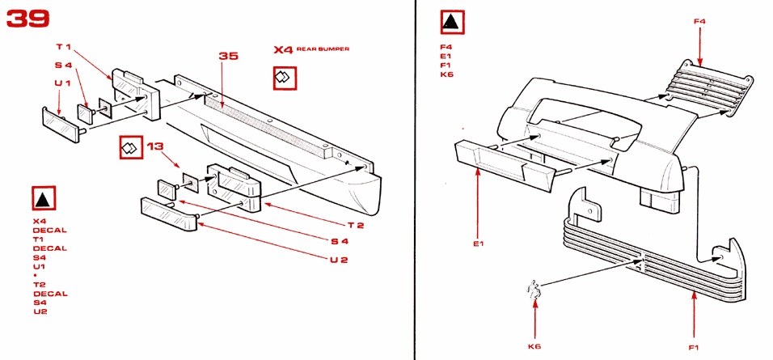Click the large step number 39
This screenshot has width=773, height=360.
(x=28, y=19)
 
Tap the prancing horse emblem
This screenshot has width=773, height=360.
(x=534, y=290)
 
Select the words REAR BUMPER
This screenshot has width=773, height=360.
(x=323, y=49)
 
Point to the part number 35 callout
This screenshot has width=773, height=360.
(x=228, y=56)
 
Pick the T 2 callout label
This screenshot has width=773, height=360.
(x=355, y=226)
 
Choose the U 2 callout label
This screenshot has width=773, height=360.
(x=339, y=260)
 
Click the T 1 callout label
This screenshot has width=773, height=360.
(x=64, y=48)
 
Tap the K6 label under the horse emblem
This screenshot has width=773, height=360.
(x=534, y=347)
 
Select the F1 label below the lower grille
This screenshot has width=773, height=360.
(x=694, y=348)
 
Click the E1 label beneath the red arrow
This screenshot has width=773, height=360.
(x=479, y=244)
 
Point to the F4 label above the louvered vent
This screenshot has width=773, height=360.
(x=699, y=22)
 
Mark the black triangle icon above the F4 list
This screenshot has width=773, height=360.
(x=452, y=22)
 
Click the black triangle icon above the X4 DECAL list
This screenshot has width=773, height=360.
(x=44, y=198)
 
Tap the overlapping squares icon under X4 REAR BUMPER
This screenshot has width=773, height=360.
(x=285, y=78)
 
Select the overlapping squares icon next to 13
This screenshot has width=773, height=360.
(x=131, y=147)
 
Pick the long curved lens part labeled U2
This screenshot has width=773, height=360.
(x=169, y=214)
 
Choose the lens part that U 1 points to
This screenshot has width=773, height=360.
(x=61, y=124)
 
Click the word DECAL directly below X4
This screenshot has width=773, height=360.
(x=50, y=231)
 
